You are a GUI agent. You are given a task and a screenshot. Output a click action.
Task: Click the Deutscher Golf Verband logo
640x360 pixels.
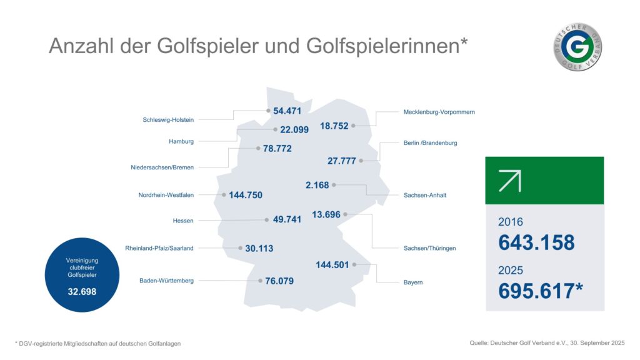pos(577,47)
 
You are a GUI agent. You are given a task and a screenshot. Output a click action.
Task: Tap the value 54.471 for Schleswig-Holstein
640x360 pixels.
pos(287,111)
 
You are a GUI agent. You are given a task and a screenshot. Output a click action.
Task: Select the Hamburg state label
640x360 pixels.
pos(181,141)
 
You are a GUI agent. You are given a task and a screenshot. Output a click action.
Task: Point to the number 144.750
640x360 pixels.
pos(246,195)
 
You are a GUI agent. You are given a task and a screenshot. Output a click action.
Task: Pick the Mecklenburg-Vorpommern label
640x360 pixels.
pos(435,112)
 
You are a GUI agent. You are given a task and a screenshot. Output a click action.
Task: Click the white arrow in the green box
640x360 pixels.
pos(510,181)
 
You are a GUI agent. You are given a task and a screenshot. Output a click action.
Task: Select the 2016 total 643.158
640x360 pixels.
pos(536,242)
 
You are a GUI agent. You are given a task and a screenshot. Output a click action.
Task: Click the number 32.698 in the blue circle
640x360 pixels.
pos(82,291)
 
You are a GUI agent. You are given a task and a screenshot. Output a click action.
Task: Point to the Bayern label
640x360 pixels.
pos(413,282)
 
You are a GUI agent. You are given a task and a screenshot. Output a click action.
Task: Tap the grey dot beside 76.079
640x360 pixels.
pos(259,281)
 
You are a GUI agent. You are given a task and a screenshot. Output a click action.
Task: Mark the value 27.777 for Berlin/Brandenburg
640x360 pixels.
pos(341,161)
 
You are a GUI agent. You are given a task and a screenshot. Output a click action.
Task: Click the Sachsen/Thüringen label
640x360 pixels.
pos(430,248)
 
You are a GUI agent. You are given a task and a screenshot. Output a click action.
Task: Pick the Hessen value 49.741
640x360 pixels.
pos(287,219)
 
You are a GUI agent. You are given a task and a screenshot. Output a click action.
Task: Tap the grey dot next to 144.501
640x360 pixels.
pos(355,264)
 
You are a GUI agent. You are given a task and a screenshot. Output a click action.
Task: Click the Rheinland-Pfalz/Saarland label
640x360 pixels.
pos(159,248)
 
